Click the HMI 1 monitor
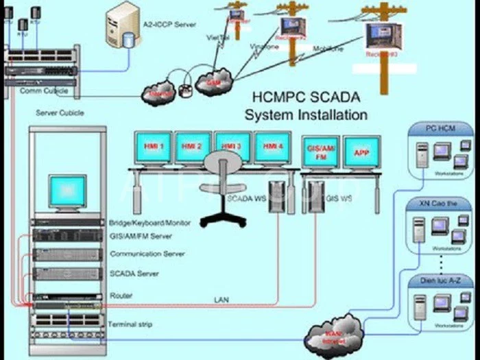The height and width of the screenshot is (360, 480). (153, 147)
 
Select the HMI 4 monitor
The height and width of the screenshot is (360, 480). (272, 147)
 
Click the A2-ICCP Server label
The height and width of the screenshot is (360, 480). (169, 25)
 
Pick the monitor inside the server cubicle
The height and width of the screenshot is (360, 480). (67, 193)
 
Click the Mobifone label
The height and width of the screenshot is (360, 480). (328, 49)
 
